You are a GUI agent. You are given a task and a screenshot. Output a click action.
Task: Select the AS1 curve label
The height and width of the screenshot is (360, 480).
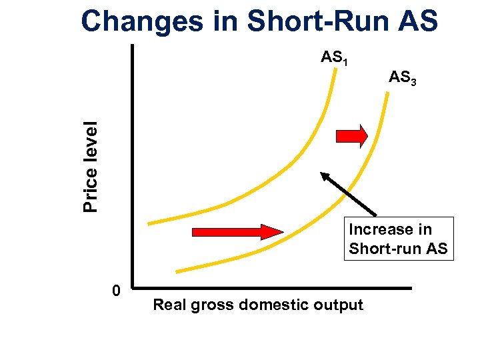pyautogui.click(x=335, y=58)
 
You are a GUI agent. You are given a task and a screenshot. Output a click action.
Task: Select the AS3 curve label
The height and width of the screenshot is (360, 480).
pyautogui.click(x=403, y=78)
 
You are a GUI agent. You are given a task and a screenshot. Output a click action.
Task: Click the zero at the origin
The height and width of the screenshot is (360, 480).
pyautogui.click(x=116, y=291)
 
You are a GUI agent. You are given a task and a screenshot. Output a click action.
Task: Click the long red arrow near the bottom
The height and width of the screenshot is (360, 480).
pyautogui.click(x=237, y=232)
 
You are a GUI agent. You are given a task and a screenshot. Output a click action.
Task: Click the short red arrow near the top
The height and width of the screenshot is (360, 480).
pyautogui.click(x=351, y=136)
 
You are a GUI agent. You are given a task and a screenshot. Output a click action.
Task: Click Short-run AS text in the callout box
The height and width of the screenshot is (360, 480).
pyautogui.click(x=398, y=250)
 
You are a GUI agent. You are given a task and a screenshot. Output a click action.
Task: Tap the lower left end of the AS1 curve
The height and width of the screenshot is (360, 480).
pyautogui.click(x=150, y=223)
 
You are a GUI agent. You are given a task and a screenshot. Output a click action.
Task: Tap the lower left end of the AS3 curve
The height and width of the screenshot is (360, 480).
pyautogui.click(x=178, y=271)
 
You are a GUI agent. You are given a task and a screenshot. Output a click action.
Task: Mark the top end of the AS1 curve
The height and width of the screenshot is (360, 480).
pyautogui.click(x=335, y=70)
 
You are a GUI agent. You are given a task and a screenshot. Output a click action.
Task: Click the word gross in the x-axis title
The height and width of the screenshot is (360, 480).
pyautogui.click(x=209, y=305)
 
